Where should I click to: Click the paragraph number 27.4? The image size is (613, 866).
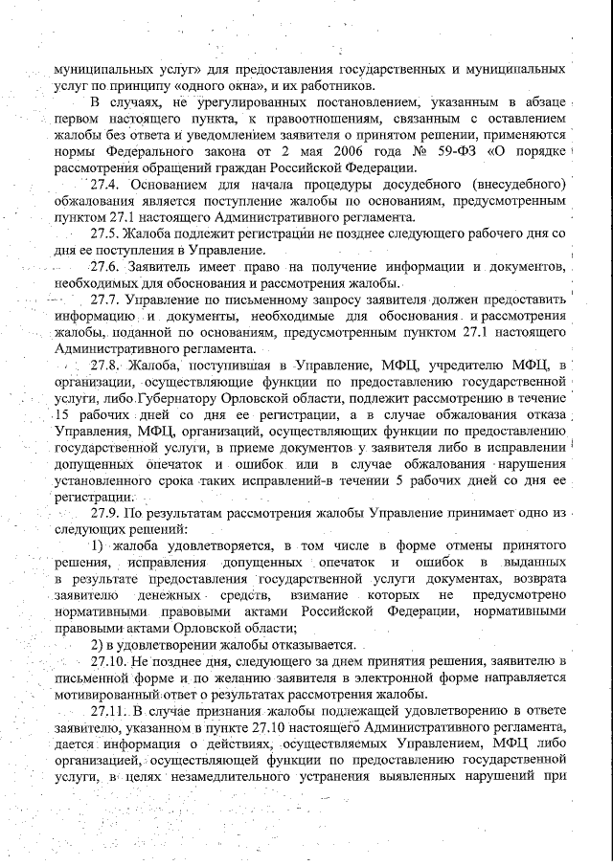point(105,184)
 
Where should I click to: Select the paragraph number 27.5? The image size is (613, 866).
point(105,233)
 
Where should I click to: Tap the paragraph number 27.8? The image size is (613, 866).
point(106,365)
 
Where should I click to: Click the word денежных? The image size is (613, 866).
point(166,594)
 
